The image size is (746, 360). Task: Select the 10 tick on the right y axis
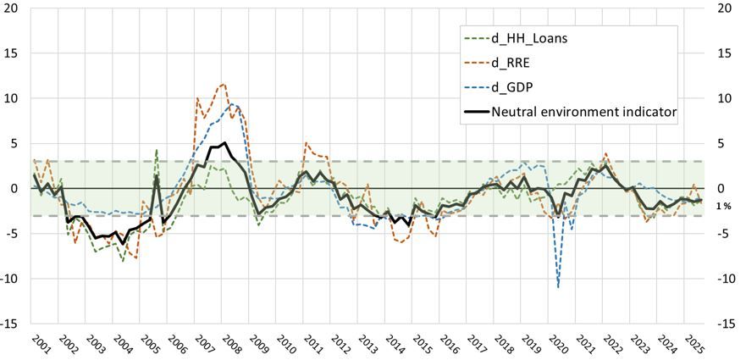click(725, 98)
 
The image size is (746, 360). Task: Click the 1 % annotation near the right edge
click(724, 207)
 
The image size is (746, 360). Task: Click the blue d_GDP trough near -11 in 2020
click(559, 287)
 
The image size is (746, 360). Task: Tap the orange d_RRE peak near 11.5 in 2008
click(224, 84)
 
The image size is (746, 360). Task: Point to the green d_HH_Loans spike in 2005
click(157, 150)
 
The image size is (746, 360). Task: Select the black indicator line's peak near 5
click(224, 143)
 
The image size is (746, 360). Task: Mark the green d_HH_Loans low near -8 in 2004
click(124, 261)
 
